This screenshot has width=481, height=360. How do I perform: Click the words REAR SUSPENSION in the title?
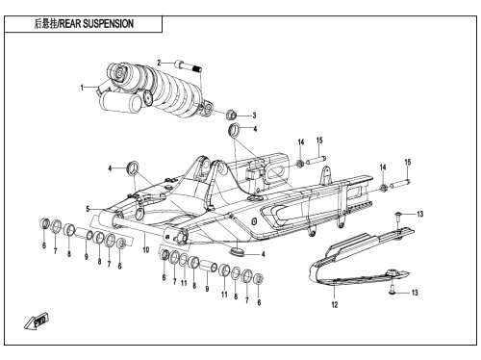[x=96, y=24]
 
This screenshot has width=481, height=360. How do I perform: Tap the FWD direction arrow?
[x=37, y=321]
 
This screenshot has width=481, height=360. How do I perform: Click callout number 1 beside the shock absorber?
[x=82, y=88]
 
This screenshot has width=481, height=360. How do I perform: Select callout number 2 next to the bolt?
[x=159, y=63]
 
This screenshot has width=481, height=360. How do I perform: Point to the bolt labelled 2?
[x=189, y=65]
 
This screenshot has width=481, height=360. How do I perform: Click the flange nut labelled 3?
[x=231, y=115]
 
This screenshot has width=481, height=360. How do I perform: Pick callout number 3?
[x=254, y=116]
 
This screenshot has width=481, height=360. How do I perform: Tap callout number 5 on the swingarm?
[x=88, y=209]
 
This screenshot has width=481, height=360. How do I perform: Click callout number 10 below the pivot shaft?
[x=146, y=249]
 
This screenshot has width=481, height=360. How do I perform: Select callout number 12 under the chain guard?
[x=335, y=304]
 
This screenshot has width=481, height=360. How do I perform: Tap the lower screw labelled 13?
[x=392, y=289]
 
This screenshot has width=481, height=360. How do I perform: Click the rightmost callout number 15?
[x=408, y=162]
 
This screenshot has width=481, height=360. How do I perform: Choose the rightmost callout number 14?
[x=383, y=167]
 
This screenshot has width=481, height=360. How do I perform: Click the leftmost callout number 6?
[x=44, y=245]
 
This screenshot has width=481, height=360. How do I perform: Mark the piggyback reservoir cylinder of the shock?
[x=120, y=101]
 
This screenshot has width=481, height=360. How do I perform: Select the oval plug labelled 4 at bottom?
[x=237, y=251]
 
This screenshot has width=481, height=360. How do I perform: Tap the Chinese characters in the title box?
[x=45, y=24]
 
